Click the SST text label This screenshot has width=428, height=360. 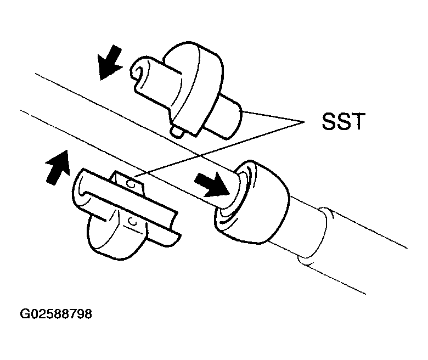coord(343,121)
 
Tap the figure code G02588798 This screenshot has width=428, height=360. coord(56,313)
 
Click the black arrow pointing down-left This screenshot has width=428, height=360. coord(109,63)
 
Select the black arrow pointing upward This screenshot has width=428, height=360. coord(58,167)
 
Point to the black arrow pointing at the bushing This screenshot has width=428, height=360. coord(212,184)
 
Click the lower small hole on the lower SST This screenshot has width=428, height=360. coord(132,222)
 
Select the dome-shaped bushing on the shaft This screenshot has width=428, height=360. coord(252,201)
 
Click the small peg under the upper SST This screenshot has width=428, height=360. coord(177,131)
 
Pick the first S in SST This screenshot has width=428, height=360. coord(329,121)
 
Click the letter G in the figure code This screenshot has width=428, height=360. coord(24,313)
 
